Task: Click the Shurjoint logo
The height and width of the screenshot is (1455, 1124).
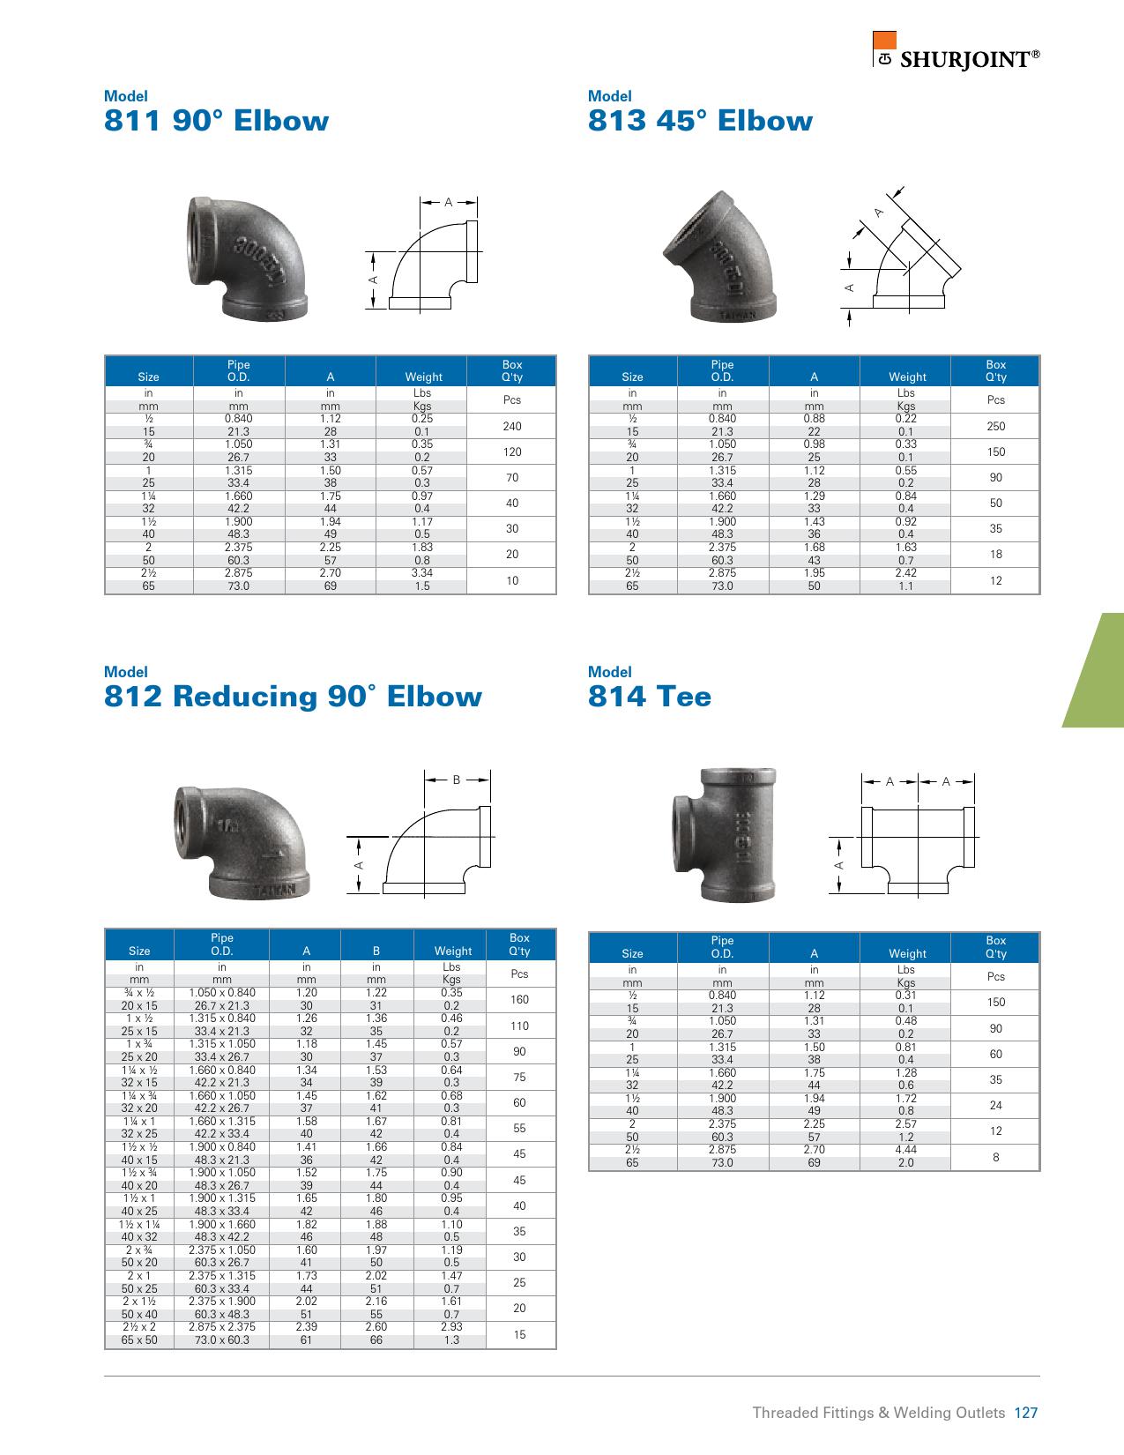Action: tap(956, 51)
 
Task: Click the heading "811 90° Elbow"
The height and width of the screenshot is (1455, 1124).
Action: tap(216, 121)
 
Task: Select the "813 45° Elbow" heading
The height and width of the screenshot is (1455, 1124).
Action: tap(700, 121)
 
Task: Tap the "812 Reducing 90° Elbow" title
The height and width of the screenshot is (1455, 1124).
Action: tap(293, 697)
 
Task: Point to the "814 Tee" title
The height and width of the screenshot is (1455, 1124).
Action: tap(650, 697)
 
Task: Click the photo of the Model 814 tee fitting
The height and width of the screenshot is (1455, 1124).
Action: tap(724, 834)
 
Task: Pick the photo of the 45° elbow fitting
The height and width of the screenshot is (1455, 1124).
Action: tap(720, 257)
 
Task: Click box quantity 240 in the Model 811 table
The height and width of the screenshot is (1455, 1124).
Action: tap(512, 426)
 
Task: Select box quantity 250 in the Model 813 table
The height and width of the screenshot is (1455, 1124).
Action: tap(995, 426)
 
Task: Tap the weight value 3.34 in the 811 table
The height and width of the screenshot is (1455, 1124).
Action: tap(421, 573)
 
